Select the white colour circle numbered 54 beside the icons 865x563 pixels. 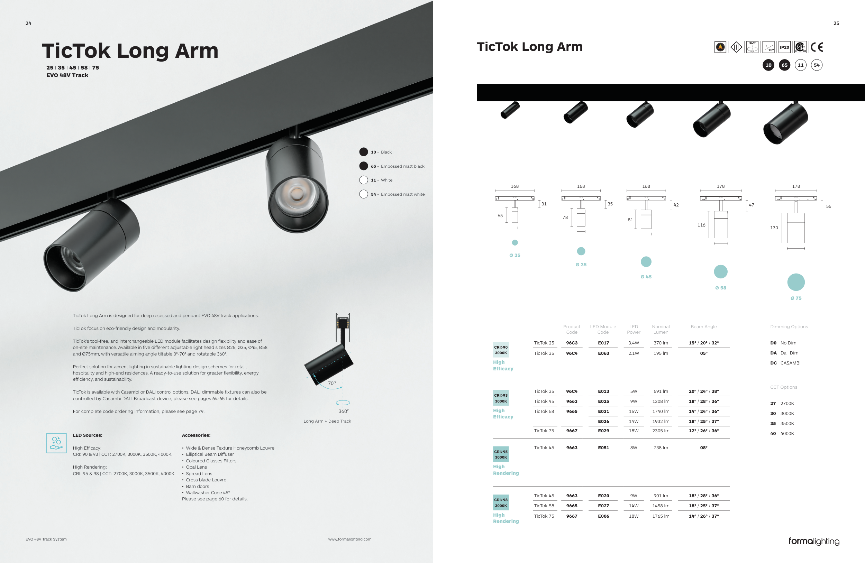coord(817,65)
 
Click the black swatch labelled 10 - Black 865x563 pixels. coord(363,152)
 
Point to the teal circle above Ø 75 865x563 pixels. coord(796,282)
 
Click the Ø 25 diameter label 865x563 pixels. coord(515,255)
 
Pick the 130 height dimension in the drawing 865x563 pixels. coord(774,228)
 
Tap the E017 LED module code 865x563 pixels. coord(603,343)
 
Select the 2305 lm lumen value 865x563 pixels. coord(661,431)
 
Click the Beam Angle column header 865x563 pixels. coord(704,326)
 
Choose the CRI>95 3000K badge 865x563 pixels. coord(500,454)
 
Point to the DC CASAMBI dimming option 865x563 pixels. coord(785,363)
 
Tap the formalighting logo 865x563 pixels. coord(814,541)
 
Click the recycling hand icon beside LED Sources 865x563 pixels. coord(56,443)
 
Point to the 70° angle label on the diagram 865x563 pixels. coord(331,383)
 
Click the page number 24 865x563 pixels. coord(28,23)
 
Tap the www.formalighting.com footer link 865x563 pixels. coord(350,539)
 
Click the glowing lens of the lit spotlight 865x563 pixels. coord(297,194)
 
